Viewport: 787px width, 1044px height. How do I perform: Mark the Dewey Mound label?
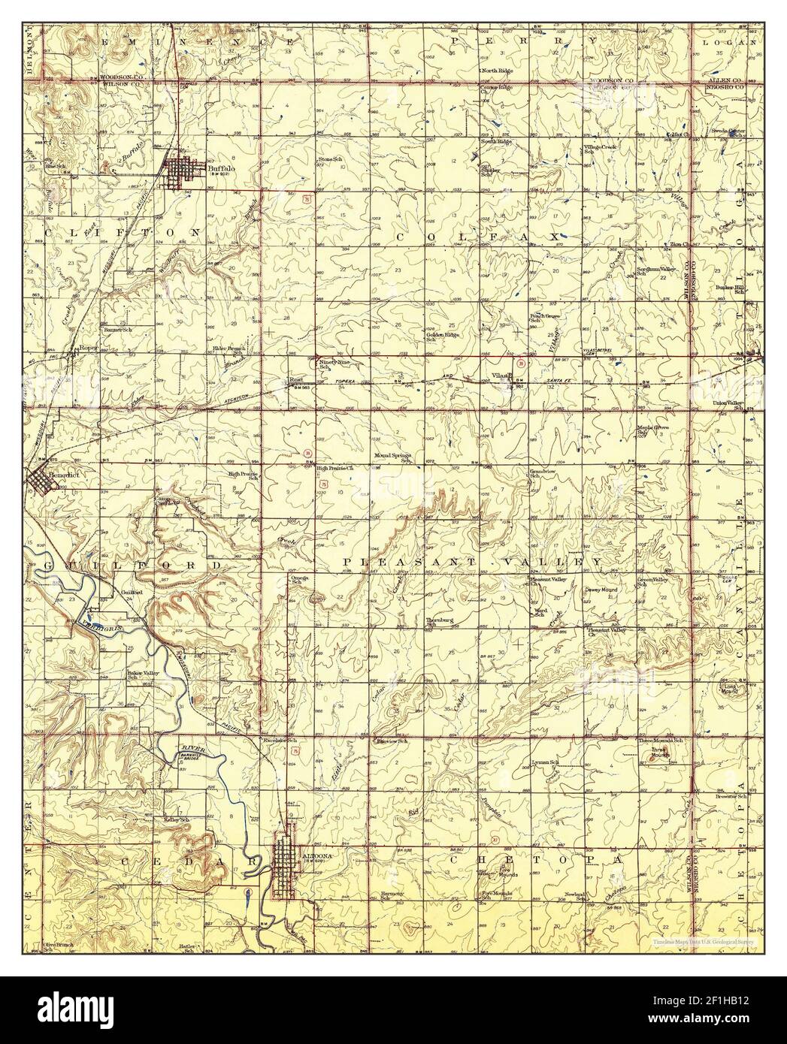[x=601, y=590]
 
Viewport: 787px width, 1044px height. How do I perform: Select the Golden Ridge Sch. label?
[x=443, y=336]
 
